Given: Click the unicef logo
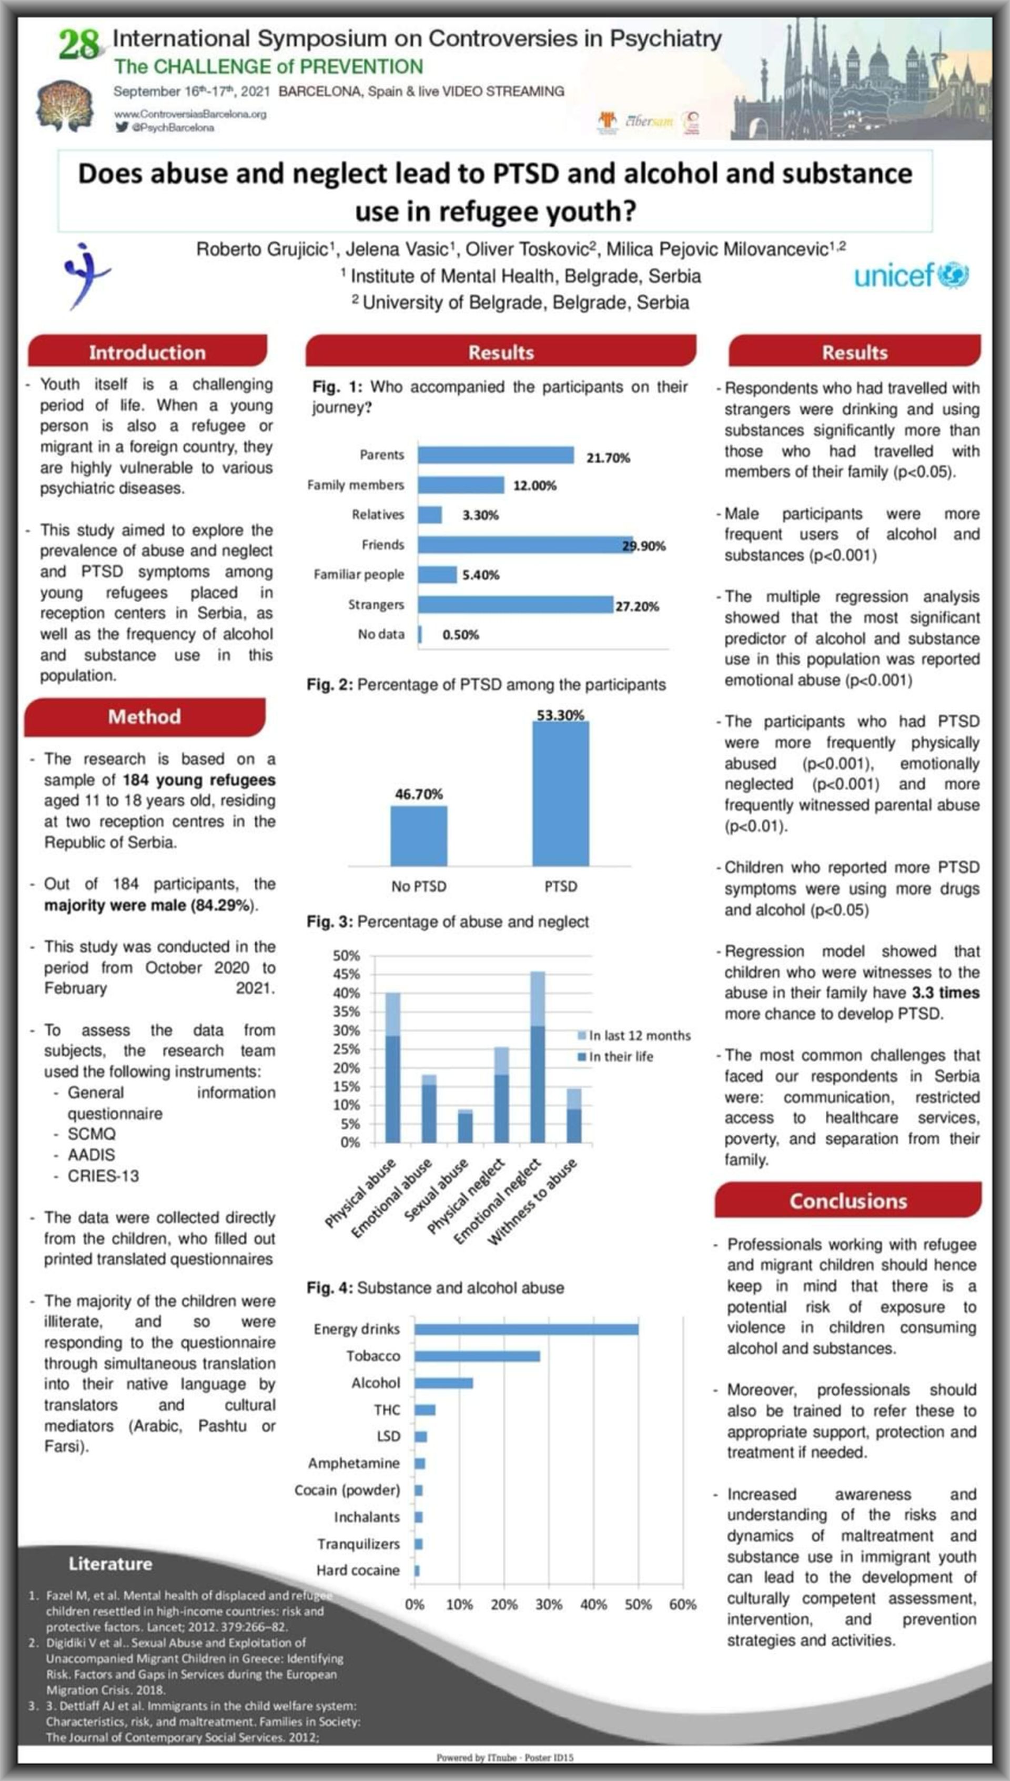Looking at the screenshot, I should point(910,275).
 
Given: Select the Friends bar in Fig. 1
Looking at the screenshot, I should point(525,545).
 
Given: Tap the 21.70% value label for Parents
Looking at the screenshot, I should point(608,458).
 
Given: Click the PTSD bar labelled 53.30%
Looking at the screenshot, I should point(560,793).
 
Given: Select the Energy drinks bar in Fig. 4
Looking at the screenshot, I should point(526,1328).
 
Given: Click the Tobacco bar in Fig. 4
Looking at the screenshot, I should point(477,1356).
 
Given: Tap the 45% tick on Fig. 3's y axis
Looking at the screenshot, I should point(346,974).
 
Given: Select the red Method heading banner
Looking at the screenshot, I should point(144,717).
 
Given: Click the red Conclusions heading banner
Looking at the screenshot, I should point(847,1201).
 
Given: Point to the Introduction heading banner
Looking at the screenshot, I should point(147,352).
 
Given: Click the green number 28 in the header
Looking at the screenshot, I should point(79,45).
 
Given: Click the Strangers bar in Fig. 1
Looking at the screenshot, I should point(514,604).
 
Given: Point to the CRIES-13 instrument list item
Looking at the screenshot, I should point(103,1176).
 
